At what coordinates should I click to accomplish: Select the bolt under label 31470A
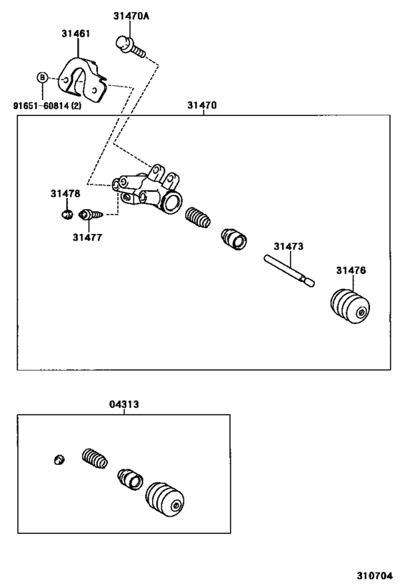point(130,47)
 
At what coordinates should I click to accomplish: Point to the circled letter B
point(42,77)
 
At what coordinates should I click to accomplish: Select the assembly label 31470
point(202,105)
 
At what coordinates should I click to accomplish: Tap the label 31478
point(65,193)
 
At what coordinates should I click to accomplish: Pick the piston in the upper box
point(234,239)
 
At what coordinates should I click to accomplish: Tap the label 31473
point(288,246)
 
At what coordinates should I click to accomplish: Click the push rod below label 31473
point(289,270)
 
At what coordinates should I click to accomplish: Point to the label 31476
point(351,270)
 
